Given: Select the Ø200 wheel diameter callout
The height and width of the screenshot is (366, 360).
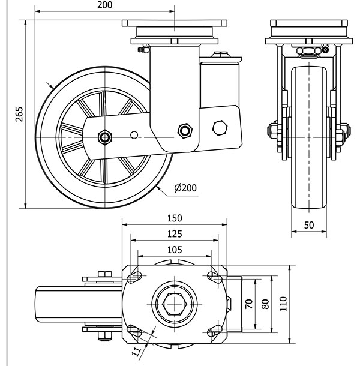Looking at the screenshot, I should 185,188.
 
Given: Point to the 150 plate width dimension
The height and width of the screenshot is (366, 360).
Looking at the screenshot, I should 175,218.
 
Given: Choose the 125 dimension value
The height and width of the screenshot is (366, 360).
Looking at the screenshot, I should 175,233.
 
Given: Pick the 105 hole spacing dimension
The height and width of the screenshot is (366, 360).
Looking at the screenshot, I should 175,249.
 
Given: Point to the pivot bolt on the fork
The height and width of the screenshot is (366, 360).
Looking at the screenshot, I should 184,130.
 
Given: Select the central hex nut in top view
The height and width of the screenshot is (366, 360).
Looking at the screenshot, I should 175,304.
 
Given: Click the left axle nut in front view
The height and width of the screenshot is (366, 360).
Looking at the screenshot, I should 272,131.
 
